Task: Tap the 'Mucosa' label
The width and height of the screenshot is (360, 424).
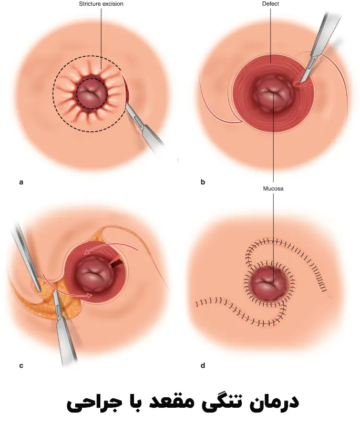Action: click(273, 188)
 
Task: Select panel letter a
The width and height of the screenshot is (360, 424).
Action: click(21, 182)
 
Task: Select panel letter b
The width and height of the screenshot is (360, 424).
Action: click(203, 182)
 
